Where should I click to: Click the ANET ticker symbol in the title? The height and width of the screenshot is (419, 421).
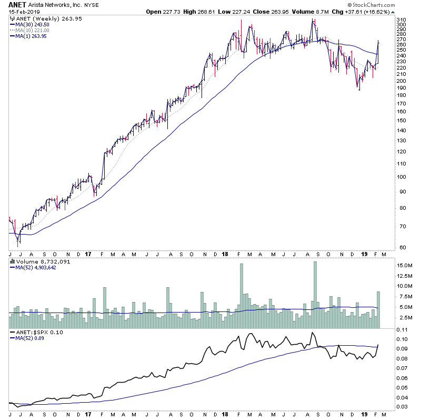pos(18,4)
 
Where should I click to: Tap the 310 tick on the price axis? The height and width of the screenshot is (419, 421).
pos(401,19)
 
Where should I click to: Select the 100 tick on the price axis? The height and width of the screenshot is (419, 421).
pos(401,177)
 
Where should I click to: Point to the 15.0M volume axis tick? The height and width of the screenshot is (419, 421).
pos(405,266)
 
